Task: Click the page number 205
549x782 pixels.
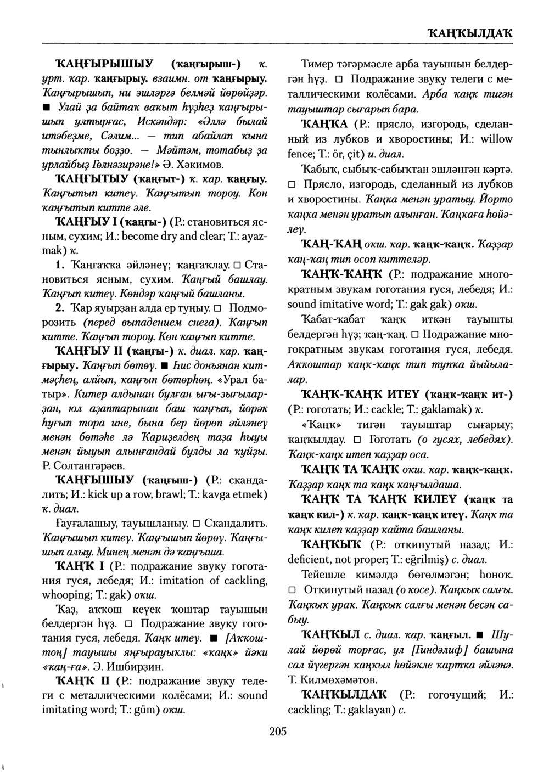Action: (278, 731)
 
